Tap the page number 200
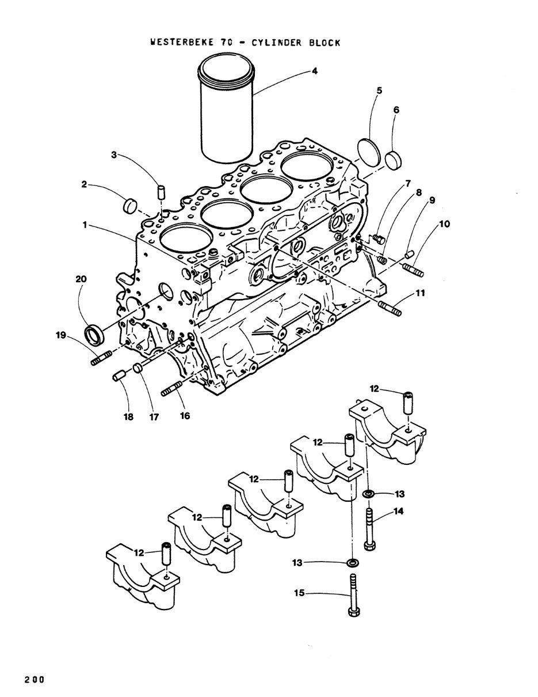coord(35,679)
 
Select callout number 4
coord(314,71)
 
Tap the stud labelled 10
coord(414,269)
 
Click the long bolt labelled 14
coord(369,526)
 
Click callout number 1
coord(85,226)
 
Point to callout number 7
coord(407,184)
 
